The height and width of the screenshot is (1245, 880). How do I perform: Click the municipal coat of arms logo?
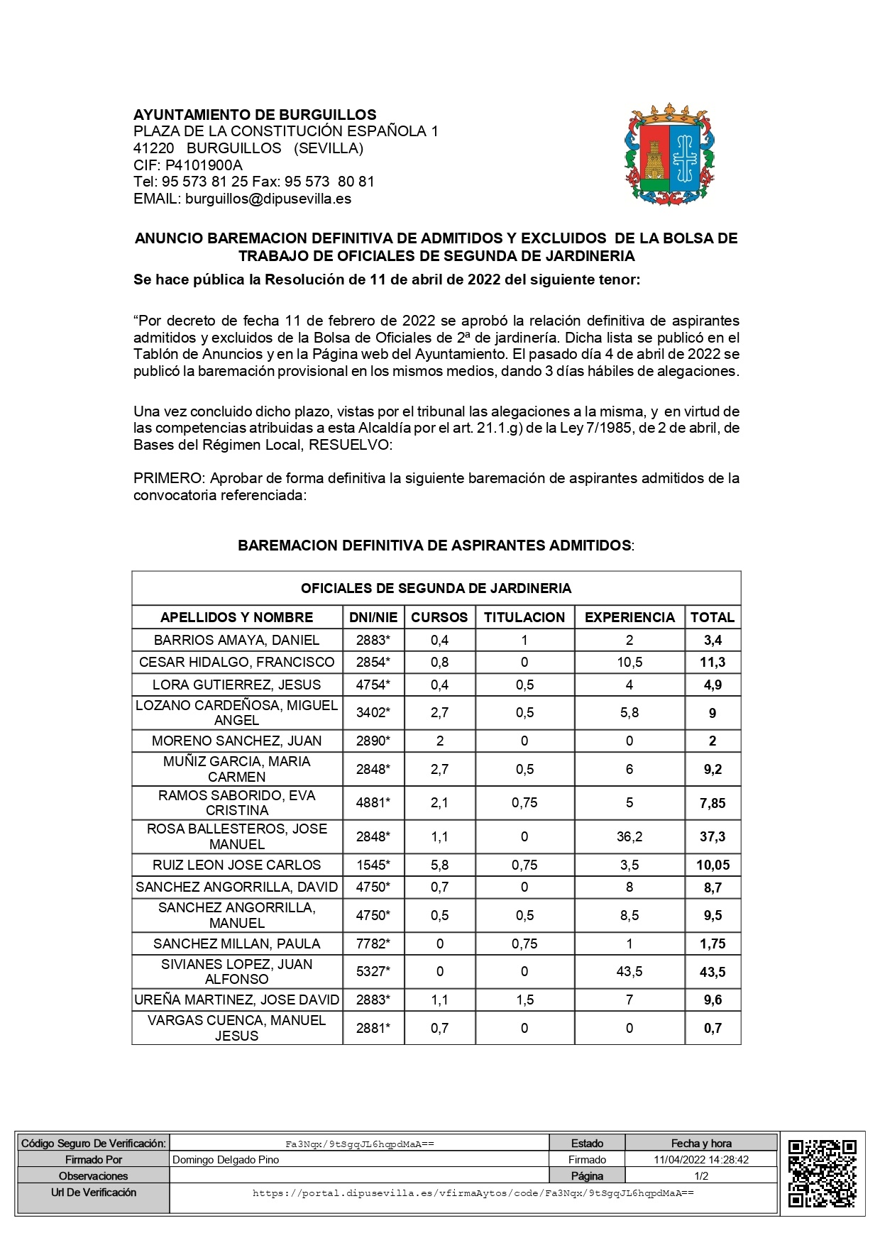[669, 155]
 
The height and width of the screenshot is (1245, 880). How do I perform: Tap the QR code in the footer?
[823, 1173]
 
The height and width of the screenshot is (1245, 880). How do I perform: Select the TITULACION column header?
[524, 617]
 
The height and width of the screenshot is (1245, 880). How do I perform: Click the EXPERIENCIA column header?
[629, 617]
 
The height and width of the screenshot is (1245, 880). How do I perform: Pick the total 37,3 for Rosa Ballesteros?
[713, 836]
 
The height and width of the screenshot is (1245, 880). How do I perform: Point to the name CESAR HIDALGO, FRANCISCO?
[237, 662]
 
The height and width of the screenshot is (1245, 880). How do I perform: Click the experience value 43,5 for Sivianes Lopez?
[629, 971]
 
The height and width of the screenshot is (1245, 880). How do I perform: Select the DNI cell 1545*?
[373, 865]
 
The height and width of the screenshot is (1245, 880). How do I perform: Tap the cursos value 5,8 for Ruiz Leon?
[439, 865]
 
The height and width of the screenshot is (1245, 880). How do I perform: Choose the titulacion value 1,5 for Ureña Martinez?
[524, 1000]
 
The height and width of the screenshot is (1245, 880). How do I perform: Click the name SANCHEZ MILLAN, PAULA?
[237, 944]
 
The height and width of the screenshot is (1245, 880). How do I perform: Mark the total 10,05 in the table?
[713, 865]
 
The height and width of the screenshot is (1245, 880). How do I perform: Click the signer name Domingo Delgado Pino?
[226, 1160]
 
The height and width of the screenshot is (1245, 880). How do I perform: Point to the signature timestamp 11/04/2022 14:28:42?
[701, 1160]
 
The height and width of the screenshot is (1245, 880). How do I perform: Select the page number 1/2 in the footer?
[701, 1175]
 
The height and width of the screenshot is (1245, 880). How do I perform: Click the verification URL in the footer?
[473, 1193]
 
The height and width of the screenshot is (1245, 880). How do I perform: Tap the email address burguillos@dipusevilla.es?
[268, 199]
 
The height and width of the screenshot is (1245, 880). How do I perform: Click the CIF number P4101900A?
[204, 165]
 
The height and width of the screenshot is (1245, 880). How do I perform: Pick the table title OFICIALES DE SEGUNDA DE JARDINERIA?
[436, 588]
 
